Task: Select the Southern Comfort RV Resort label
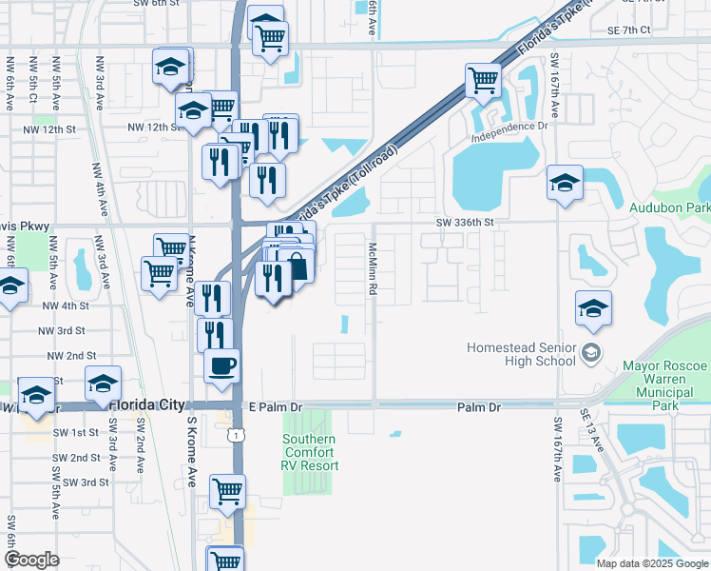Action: tap(309, 452)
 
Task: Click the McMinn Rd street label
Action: tap(374, 267)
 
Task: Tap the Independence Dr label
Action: tap(509, 126)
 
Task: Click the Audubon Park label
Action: tap(669, 207)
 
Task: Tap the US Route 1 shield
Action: tap(233, 434)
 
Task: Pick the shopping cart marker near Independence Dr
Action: tap(483, 79)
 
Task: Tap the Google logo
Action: tap(31, 560)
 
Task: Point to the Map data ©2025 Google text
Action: tap(651, 563)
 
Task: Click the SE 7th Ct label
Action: tap(628, 30)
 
